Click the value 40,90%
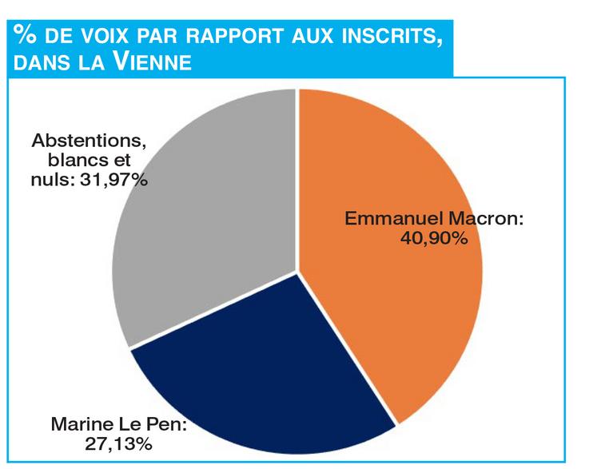coord(433,238)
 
